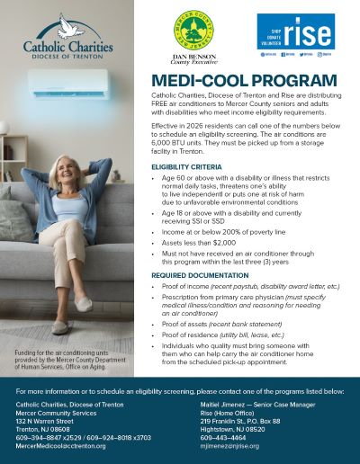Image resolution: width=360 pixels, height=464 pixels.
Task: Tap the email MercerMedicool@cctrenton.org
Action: [x=61, y=446]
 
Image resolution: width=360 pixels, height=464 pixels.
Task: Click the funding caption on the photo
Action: [x=67, y=362]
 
